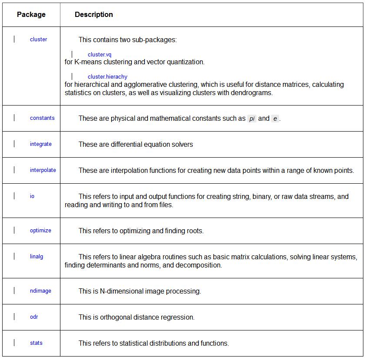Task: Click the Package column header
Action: coord(31,15)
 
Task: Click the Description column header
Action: coord(94,15)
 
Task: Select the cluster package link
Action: coord(38,40)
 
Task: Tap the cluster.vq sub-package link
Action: coord(100,55)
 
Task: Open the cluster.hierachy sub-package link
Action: coord(107,77)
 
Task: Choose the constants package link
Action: coord(42,118)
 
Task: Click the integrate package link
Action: coord(41,144)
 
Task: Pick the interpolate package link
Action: coord(43,170)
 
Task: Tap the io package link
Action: coord(32,196)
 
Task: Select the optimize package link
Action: coord(40,231)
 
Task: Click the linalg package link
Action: coord(37,257)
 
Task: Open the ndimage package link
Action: coord(40,291)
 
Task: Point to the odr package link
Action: coord(34,317)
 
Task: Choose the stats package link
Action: coord(36,343)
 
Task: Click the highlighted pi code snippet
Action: coord(252,119)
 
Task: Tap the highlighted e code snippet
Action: coord(275,119)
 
